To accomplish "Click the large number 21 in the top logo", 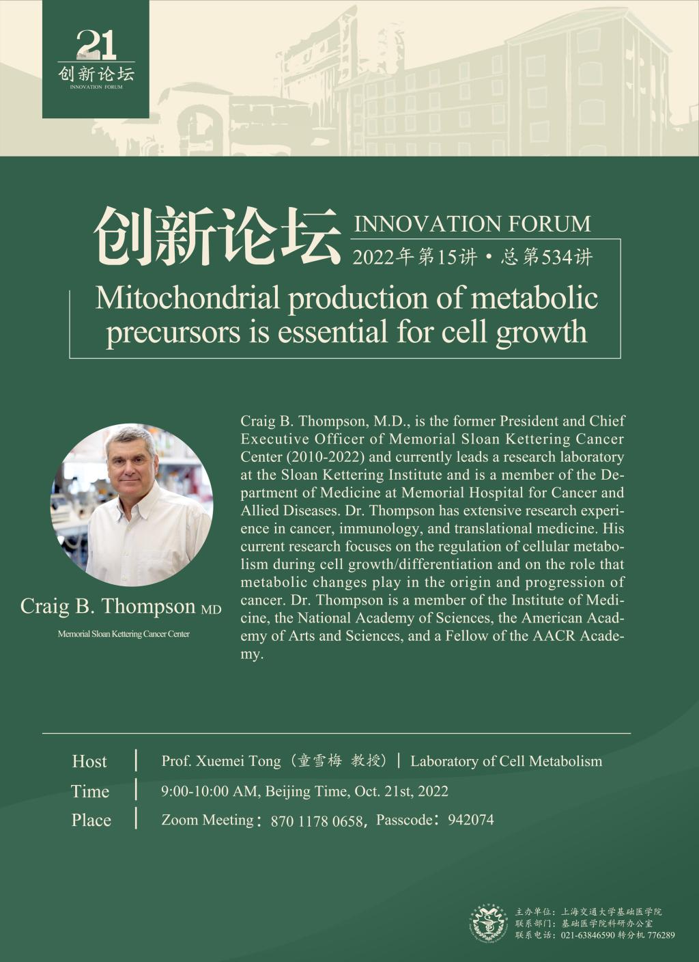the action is point(96,44).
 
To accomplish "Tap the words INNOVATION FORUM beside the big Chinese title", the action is point(472,223).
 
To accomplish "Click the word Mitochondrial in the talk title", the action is point(188,298).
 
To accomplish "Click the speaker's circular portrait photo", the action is point(132,505).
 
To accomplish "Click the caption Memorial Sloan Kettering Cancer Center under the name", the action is point(124,634).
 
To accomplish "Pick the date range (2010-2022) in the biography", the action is point(325,457).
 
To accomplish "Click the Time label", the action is point(90,791).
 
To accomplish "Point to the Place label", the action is point(91,820).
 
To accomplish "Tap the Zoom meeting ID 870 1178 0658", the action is point(317,821).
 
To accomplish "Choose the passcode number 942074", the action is point(471,820).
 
